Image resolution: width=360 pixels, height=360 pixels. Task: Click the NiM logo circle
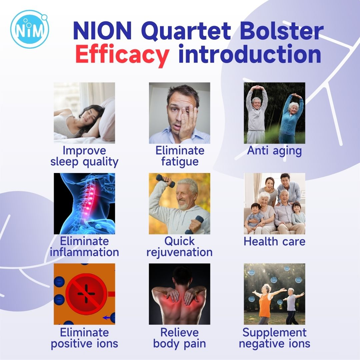(x=30, y=29)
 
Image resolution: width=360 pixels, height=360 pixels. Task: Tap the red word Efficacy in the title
(x=122, y=55)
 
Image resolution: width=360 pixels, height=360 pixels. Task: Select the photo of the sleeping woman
(x=84, y=113)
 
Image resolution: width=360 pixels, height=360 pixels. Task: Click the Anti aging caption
(x=274, y=151)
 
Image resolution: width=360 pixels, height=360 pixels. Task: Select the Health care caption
(x=274, y=241)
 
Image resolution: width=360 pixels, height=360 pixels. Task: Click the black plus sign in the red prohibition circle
(x=86, y=294)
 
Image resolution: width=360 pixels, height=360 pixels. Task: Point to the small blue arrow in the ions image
(x=107, y=318)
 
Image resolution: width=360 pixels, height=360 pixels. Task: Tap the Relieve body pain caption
(x=179, y=338)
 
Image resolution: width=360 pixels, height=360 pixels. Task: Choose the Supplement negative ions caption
(x=274, y=338)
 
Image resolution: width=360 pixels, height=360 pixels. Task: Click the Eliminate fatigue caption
(x=180, y=156)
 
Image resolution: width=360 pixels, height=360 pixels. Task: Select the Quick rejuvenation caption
(x=179, y=247)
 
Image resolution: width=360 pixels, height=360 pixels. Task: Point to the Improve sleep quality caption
(x=84, y=156)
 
